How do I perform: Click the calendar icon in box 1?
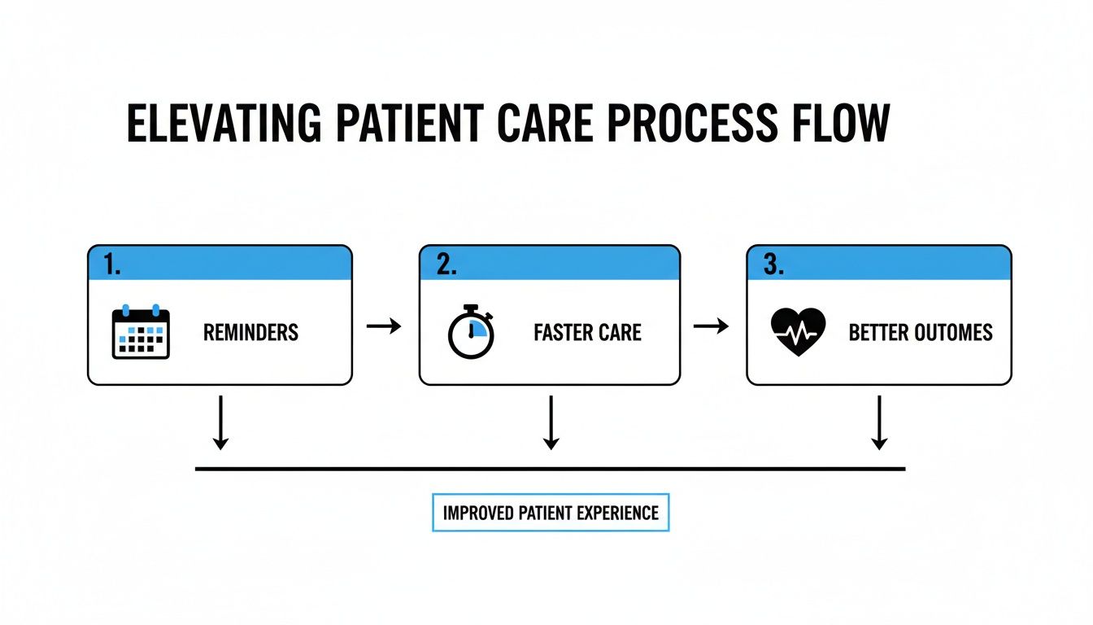[x=141, y=332]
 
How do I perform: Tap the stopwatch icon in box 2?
[x=471, y=332]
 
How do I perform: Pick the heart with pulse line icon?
[x=797, y=332]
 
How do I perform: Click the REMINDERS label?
[x=250, y=333]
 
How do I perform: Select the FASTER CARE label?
[x=587, y=333]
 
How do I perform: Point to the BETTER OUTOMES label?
[x=921, y=333]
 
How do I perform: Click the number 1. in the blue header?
[x=112, y=264]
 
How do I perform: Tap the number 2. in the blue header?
[x=446, y=264]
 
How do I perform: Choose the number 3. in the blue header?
[x=773, y=264]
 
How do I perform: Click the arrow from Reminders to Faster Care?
[x=385, y=326]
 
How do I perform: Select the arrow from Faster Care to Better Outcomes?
[x=712, y=326]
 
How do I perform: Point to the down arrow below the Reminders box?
[x=220, y=422]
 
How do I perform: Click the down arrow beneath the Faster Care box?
[x=551, y=422]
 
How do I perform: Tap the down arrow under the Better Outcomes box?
[x=878, y=422]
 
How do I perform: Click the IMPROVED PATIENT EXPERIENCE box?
[x=551, y=513]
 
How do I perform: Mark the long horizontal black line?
[x=551, y=469]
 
